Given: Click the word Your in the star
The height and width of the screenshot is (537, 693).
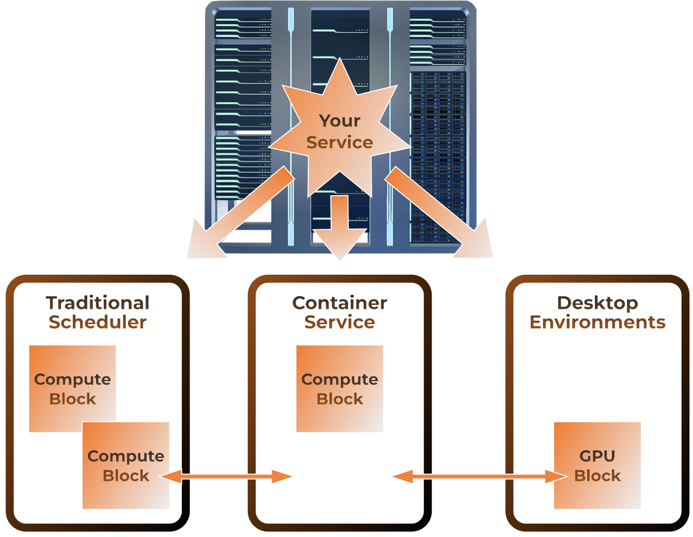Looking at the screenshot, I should click(x=339, y=121).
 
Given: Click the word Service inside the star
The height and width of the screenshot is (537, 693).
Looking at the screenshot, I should click(x=339, y=143).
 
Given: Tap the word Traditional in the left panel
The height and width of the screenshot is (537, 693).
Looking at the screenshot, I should click(x=98, y=303).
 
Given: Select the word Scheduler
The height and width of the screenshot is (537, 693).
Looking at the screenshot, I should click(x=98, y=322).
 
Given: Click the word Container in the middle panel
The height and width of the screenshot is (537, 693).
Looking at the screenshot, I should click(x=339, y=303).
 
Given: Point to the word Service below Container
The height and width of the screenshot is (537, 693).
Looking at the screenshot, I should click(x=339, y=322).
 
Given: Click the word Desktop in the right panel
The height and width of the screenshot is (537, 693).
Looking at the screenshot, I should click(x=597, y=303).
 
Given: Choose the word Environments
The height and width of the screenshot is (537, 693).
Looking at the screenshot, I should click(x=597, y=322).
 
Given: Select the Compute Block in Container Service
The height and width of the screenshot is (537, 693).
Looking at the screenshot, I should click(x=339, y=388).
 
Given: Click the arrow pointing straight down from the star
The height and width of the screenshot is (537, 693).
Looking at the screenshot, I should click(x=339, y=227).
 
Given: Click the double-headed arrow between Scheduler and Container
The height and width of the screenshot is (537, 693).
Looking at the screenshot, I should click(x=227, y=477).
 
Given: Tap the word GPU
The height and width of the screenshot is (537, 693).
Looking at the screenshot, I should click(x=597, y=456).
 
